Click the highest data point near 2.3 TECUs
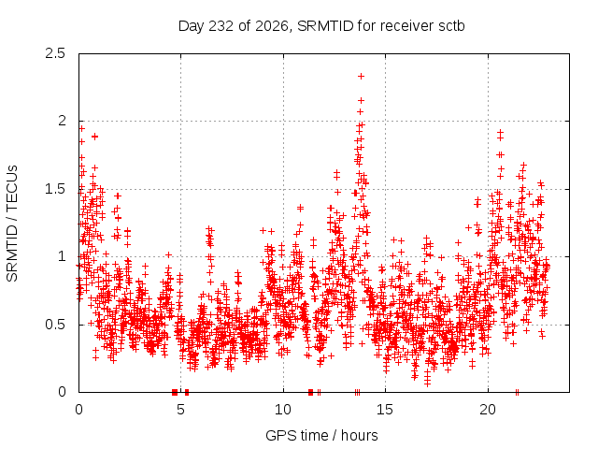361,77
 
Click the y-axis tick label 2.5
55,53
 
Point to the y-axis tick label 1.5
55,189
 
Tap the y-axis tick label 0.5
55,325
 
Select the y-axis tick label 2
62,121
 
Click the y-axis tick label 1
62,256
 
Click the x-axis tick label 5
180,410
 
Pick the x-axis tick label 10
283,410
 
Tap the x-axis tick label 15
385,410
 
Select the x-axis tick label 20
488,410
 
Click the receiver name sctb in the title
451,26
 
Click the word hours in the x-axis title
359,435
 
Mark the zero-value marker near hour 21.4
517,392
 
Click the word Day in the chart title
192,27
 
